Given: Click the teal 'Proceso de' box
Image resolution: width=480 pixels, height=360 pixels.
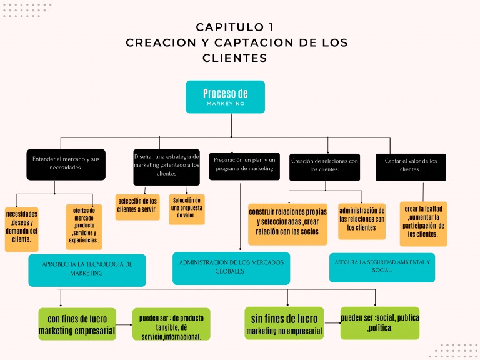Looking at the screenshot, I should click(225, 97).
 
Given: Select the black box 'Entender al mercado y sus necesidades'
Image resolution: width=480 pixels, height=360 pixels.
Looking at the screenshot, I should click(65, 164).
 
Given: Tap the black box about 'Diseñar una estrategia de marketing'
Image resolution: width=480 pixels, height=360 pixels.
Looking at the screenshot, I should click(166, 167).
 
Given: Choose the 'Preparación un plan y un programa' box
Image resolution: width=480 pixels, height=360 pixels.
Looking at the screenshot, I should click(244, 166).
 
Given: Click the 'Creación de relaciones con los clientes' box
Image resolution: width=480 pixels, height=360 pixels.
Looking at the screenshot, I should click(324, 167).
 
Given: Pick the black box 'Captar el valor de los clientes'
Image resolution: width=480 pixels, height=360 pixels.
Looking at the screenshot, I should click(411, 167).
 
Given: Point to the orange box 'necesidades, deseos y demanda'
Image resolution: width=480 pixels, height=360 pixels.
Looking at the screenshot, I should click(21, 229).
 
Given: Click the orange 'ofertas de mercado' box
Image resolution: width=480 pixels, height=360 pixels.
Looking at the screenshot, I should click(84, 226).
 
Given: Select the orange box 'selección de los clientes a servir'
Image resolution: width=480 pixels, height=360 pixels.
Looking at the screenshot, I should click(137, 207).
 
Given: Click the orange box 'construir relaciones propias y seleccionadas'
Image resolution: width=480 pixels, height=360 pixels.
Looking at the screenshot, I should click(287, 224).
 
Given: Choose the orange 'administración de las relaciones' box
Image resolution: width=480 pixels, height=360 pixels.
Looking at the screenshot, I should click(362, 221).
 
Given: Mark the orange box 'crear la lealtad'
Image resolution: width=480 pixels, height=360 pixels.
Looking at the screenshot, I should click(423, 224).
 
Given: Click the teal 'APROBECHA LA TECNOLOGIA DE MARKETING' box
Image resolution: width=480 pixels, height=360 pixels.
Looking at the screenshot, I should click(87, 270).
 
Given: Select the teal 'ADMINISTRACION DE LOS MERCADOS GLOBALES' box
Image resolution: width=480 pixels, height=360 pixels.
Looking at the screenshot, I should click(231, 268).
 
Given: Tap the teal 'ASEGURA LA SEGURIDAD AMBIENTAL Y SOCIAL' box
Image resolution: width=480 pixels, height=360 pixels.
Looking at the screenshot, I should click(382, 267).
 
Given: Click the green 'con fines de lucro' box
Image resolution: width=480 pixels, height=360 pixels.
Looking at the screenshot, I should click(77, 324).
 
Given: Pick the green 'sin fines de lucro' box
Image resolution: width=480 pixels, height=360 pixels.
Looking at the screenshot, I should click(284, 323).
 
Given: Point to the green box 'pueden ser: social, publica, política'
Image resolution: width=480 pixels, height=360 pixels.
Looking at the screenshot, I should click(379, 323).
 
